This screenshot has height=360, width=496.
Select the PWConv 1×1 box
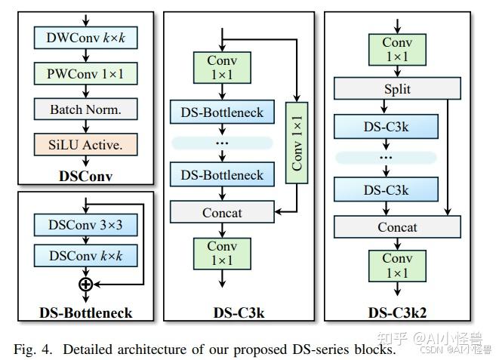(85, 73)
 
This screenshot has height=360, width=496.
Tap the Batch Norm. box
(85, 109)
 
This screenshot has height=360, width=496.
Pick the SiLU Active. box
(85, 144)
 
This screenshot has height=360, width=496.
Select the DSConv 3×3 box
(85, 224)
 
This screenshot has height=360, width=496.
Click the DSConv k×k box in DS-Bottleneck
(85, 256)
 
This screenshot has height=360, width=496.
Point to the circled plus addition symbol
(85, 284)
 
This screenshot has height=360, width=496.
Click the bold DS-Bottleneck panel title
(85, 312)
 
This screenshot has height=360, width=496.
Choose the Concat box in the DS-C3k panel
(222, 212)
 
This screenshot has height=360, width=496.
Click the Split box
(397, 89)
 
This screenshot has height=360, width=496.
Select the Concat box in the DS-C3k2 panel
(397, 226)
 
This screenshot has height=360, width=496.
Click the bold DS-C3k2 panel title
(397, 312)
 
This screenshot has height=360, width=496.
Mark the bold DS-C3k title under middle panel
(239, 312)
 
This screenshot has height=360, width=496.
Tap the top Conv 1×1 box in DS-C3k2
(397, 50)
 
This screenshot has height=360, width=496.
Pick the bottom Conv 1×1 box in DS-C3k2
(397, 265)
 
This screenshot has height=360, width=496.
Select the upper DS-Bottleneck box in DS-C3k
(222, 112)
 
